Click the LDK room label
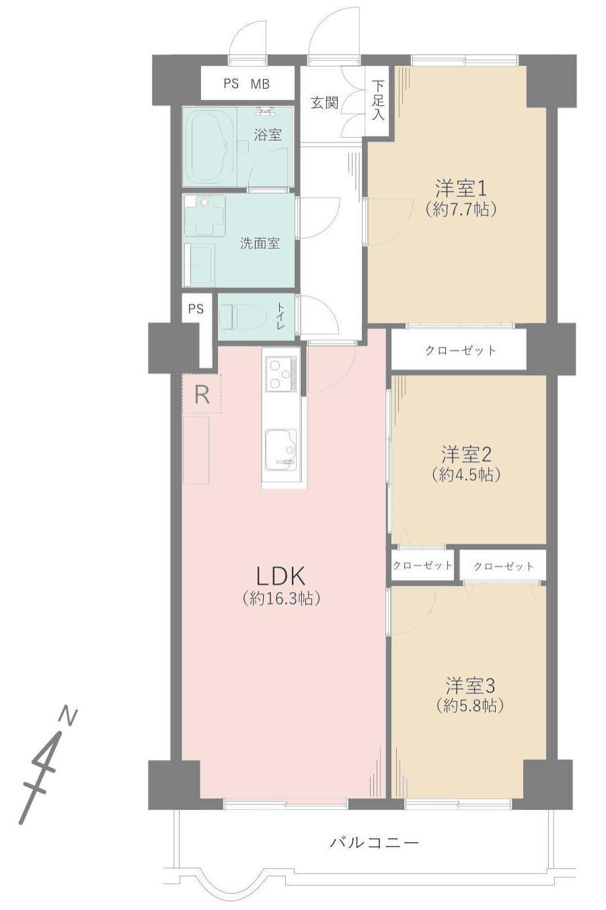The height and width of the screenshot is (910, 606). [x=280, y=575]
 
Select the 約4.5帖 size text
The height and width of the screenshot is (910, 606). [x=466, y=474]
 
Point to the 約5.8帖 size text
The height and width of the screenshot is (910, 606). [x=470, y=706]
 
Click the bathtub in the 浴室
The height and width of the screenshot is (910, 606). [x=209, y=147]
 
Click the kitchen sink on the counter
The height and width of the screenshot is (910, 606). [x=281, y=450]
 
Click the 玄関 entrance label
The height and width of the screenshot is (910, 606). [x=324, y=102]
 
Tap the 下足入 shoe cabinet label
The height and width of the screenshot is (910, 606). [x=378, y=100]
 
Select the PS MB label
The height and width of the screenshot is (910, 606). [x=246, y=84]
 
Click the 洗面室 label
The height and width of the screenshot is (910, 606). [x=260, y=243]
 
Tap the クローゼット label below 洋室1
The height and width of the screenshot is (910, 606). [x=460, y=349]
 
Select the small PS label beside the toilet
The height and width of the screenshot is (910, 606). [x=196, y=309]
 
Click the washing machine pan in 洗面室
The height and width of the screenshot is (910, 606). [x=204, y=216]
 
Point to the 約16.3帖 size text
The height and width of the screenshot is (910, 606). [x=281, y=598]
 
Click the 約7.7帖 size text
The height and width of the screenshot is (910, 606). [x=461, y=210]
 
